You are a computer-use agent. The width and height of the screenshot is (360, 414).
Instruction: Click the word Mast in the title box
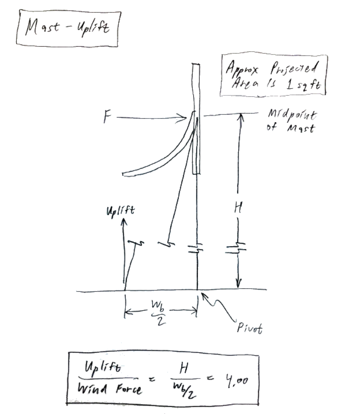coord(42,27)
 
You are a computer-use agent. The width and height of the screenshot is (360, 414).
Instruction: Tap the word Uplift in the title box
coord(93,28)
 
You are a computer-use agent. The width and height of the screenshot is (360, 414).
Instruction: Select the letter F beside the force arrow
coord(107,117)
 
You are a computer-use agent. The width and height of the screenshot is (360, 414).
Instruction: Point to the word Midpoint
coord(292,114)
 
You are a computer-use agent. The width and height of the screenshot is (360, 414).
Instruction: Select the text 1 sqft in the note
coord(304,84)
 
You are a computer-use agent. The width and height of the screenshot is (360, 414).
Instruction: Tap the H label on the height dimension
coord(238,207)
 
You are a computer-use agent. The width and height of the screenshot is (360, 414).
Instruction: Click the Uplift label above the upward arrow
coord(121,211)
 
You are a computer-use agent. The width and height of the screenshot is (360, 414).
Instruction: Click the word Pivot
coord(250,328)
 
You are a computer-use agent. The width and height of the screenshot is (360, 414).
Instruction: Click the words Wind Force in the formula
coord(110,389)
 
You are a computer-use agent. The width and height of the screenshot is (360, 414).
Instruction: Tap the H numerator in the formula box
coord(184,368)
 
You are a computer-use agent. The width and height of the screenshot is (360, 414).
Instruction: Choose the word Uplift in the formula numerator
coord(103,367)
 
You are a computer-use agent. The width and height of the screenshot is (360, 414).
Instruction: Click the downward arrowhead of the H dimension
coord(238,284)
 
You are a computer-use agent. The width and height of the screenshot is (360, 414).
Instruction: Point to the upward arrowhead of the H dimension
coord(240,118)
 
